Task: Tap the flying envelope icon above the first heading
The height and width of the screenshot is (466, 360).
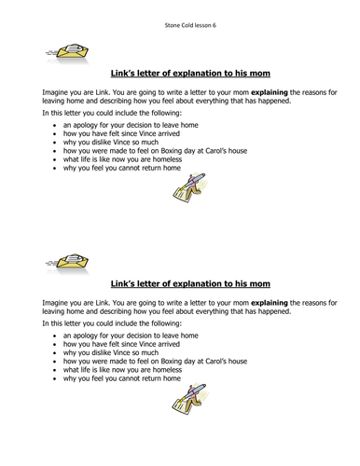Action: pyautogui.click(x=62, y=54)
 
